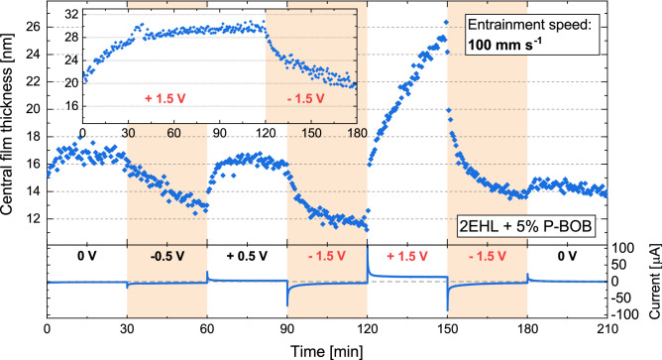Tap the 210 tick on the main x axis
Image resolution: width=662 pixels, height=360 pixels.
607,330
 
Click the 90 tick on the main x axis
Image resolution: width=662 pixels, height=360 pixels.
287,330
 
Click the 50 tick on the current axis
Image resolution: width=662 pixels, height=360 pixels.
618,265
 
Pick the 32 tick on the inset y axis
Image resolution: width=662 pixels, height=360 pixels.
72,16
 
